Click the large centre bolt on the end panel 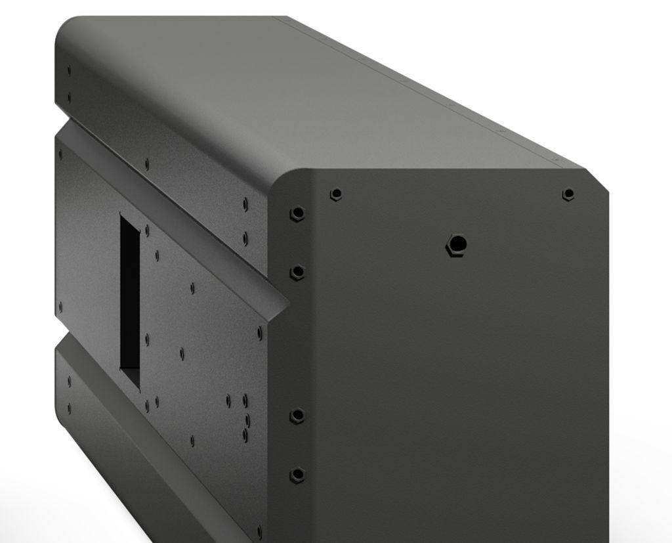coord(456,245)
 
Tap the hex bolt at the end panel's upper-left coord(336,194)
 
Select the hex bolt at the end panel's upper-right coord(568,194)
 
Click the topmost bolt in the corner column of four coord(297,214)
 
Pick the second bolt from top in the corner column coord(297,272)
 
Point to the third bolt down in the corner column coord(297,416)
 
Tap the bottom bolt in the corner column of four coord(297,475)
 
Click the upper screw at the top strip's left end coord(69,70)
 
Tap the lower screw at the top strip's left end coord(69,98)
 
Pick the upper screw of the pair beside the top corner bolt coord(245,205)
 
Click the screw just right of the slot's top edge coord(147,230)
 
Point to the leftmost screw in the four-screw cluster coord(228,399)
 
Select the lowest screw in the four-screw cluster coord(245,434)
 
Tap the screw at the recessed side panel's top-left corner coord(60,155)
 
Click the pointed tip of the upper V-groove coord(287,303)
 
